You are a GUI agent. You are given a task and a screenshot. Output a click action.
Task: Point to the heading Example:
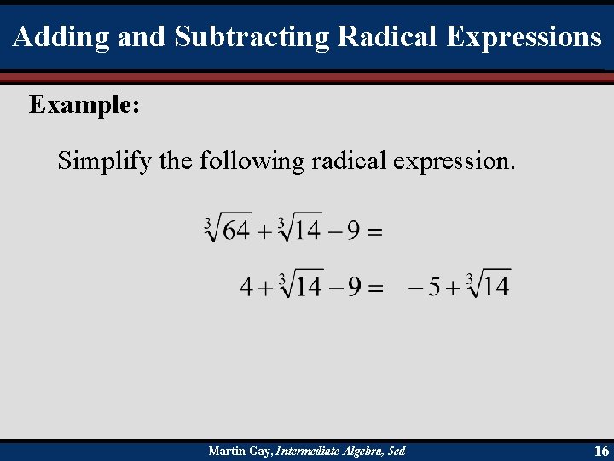pyautogui.click(x=84, y=105)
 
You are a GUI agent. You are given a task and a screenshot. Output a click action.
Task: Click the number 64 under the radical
pyautogui.click(x=236, y=230)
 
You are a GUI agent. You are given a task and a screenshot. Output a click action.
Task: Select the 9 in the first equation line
pyautogui.click(x=352, y=230)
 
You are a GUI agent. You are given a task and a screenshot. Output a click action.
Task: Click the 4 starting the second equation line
pyautogui.click(x=246, y=286)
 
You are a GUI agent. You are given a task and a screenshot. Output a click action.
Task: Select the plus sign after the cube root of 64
pyautogui.click(x=265, y=230)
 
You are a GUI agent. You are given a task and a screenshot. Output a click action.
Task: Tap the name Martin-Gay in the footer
pyautogui.click(x=240, y=451)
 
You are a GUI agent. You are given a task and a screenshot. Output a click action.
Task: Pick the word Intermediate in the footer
pyautogui.click(x=306, y=451)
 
